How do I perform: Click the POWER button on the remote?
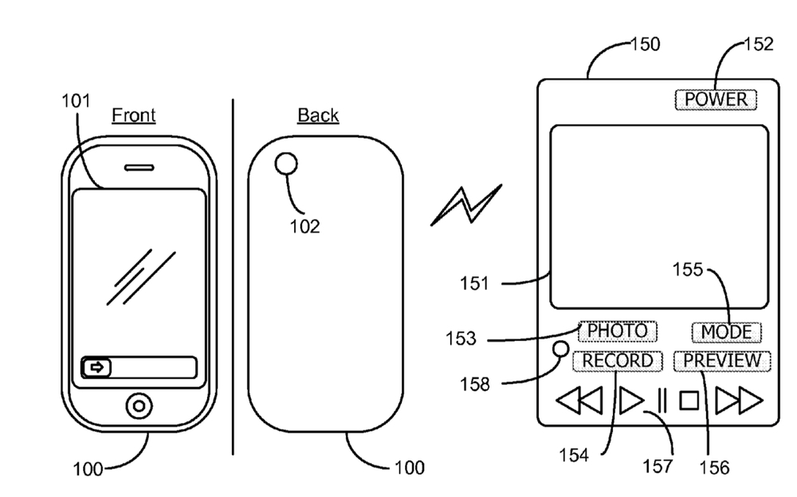pos(715,100)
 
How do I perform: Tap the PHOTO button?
pos(618,330)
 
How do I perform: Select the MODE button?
pos(726,331)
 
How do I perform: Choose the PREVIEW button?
pos(722,360)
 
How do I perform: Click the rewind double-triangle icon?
pos(579,400)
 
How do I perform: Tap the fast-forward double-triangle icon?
pos(739,400)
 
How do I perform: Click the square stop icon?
pos(689,400)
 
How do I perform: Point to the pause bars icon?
pos(661,400)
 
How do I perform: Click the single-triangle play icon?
pos(631,400)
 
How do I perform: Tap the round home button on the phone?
pos(139,406)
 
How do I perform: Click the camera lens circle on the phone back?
pos(285,165)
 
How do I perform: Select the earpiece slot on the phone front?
pos(139,168)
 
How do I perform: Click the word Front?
pos(133,115)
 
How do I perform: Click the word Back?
pos(318,115)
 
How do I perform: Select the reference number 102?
pos(304,227)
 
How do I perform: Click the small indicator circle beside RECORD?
pos(561,348)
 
